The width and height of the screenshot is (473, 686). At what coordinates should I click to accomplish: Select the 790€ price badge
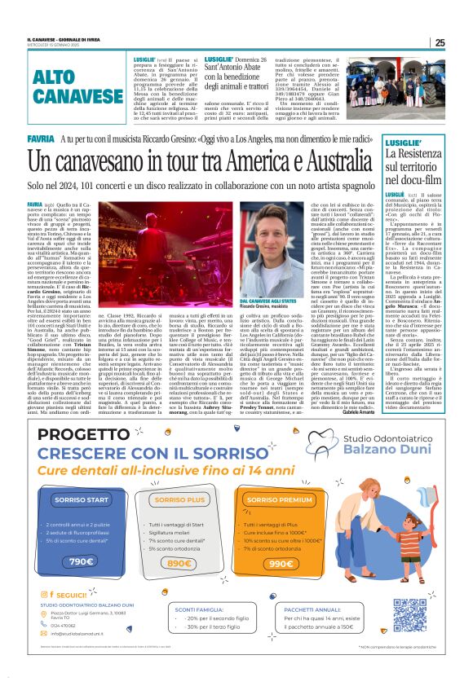(81, 561)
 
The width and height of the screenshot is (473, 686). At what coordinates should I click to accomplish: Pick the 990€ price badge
(280, 561)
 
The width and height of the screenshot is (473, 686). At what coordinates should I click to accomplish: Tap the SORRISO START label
(82, 499)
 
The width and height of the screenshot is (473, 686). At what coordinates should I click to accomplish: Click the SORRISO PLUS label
(179, 499)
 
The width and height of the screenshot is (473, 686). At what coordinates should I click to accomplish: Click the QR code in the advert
(409, 615)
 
